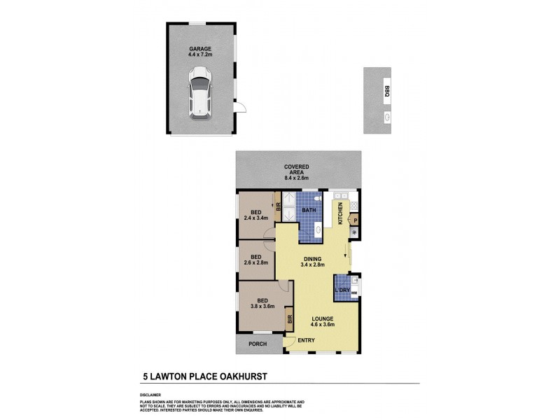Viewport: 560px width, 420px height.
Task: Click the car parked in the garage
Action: click(201, 92)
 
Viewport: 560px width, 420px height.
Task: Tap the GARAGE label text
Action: click(201, 49)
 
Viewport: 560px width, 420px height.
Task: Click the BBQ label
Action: click(386, 89)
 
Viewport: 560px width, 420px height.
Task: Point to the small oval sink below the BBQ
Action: click(386, 118)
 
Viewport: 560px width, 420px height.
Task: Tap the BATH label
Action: click(309, 209)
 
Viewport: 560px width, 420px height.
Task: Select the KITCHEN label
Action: click(340, 213)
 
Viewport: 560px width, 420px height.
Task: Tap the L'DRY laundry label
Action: click(342, 290)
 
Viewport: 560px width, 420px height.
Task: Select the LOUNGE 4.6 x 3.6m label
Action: click(323, 321)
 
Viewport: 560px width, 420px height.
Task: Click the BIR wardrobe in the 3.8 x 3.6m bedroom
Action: click(289, 319)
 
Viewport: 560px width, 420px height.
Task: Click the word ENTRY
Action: click(306, 340)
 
